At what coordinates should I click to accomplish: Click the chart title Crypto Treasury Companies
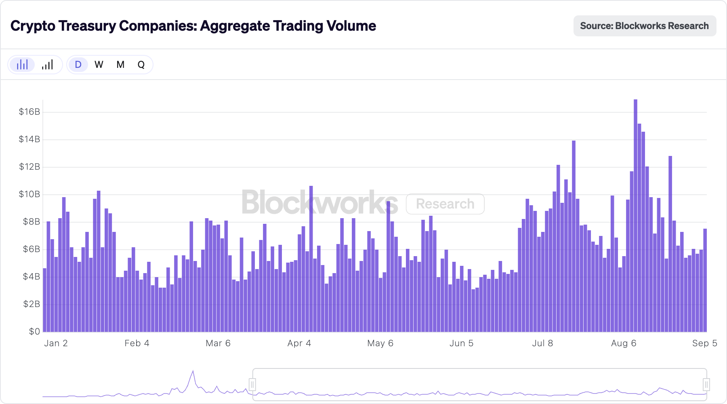tap(193, 26)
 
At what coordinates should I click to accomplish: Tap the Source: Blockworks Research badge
tap(645, 26)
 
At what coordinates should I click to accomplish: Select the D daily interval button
tap(78, 65)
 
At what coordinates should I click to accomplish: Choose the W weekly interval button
tap(99, 65)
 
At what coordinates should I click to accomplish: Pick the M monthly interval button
tap(120, 65)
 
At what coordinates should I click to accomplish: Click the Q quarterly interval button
tap(141, 65)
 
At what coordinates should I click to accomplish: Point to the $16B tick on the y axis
tap(29, 112)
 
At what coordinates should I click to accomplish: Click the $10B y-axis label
tap(29, 194)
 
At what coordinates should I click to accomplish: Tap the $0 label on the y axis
tap(34, 332)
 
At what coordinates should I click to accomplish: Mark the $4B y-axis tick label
tap(31, 277)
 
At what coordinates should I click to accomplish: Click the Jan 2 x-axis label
tap(56, 343)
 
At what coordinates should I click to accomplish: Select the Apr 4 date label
tap(299, 343)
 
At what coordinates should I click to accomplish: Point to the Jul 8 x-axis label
tap(542, 343)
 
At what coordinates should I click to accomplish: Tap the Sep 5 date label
tap(704, 343)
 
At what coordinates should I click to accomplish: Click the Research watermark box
tap(445, 204)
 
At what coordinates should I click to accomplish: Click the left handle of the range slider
tap(252, 384)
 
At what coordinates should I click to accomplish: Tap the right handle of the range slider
tap(706, 384)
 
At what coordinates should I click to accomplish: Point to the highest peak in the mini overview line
tap(193, 371)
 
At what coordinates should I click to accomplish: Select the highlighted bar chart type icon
tap(22, 65)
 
